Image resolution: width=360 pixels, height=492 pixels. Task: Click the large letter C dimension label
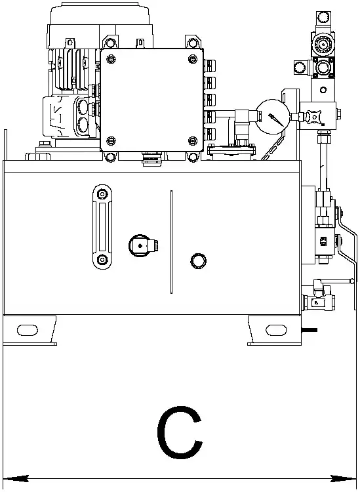coord(180,432)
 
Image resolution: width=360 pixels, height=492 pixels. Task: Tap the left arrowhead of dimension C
coord(16,479)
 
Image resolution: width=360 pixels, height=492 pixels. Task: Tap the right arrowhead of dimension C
coord(344,479)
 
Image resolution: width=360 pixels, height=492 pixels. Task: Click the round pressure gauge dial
coord(273,117)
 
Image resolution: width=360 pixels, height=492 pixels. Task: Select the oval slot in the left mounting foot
coord(28,330)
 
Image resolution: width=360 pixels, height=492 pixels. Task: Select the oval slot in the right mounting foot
coord(276,330)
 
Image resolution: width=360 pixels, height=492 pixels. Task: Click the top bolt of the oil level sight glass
coord(102,194)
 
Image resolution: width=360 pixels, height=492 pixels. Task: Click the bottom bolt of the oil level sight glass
coord(102,260)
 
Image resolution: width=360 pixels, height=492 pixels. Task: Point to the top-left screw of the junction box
coord(111,58)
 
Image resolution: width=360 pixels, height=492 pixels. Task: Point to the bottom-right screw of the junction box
coord(193,141)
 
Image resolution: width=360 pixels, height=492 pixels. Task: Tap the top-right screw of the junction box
coord(193,58)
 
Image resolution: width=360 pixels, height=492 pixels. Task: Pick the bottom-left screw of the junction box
coord(111,141)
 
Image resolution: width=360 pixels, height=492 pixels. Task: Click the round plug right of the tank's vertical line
coord(198,260)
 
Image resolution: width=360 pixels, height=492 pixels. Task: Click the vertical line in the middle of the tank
coord(171,242)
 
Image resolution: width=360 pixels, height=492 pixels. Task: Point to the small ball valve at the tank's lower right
coord(319,302)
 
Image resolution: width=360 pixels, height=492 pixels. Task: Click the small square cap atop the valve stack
coord(324,16)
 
